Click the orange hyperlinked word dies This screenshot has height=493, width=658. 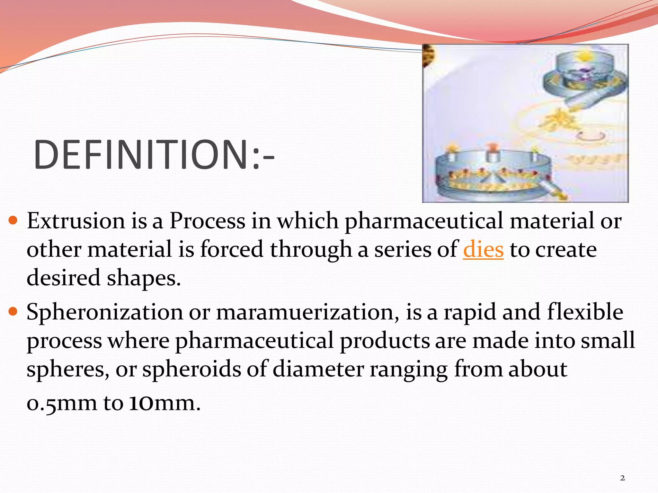point(483,250)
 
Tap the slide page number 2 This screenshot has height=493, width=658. point(622,478)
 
